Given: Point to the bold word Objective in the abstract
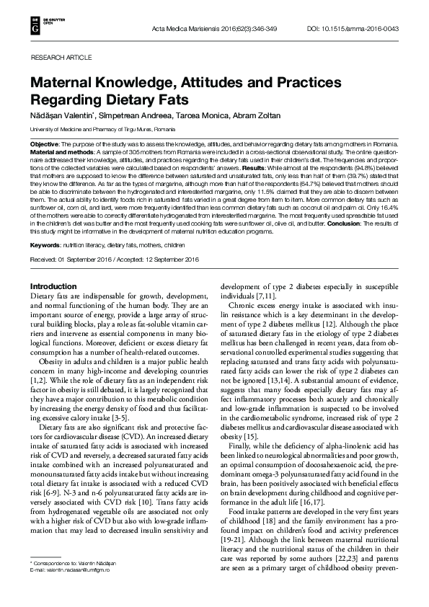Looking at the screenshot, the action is point(44,145).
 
